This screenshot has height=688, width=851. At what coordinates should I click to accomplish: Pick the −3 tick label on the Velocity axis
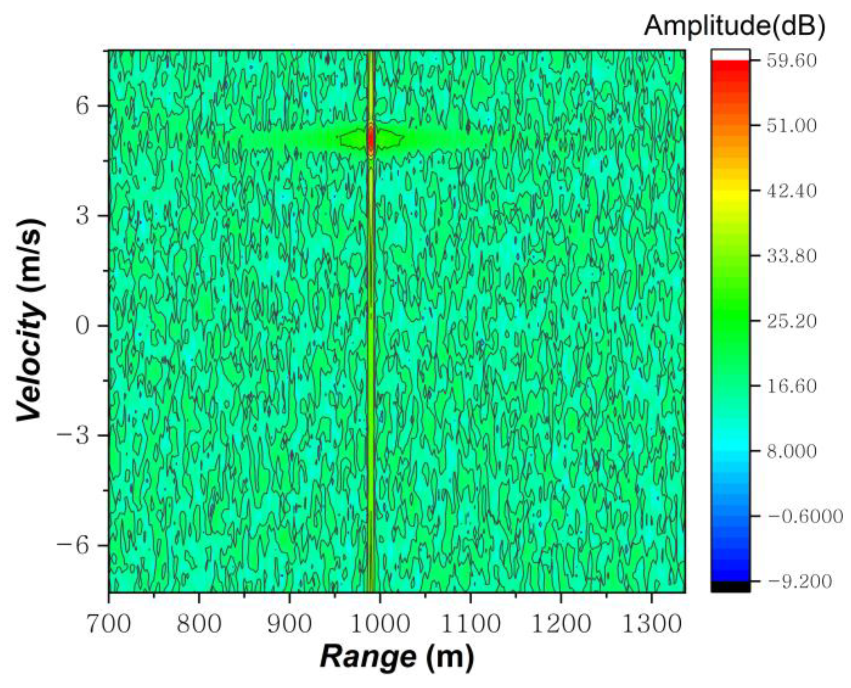tap(74, 436)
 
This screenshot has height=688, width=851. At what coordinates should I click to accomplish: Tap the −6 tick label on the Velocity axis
tap(74, 546)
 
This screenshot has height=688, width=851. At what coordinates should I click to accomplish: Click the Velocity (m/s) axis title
tap(30, 320)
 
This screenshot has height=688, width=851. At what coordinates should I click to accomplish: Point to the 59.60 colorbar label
tap(791, 61)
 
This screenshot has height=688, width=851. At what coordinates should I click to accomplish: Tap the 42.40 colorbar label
tap(791, 191)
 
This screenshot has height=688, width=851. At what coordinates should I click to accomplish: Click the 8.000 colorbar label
tap(791, 451)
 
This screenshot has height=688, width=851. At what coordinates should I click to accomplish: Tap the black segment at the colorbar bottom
tap(730, 587)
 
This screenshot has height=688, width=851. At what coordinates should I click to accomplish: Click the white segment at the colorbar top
tap(730, 55)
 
